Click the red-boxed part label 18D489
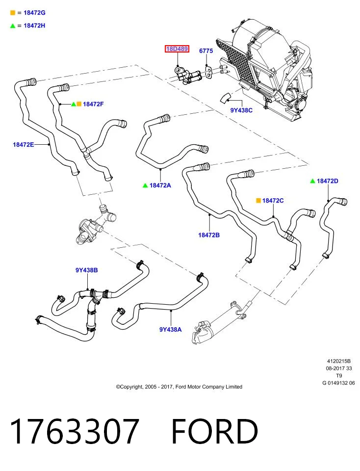(x=177, y=49)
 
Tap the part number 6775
(x=206, y=51)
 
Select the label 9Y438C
(x=241, y=110)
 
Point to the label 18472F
(x=93, y=104)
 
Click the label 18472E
(x=24, y=144)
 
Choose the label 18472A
(x=160, y=185)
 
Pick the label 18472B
(x=209, y=235)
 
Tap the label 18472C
(x=273, y=200)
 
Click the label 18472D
(x=328, y=181)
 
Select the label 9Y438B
(x=86, y=270)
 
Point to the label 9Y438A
(x=171, y=330)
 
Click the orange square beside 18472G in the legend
(x=13, y=13)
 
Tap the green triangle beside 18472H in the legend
(x=13, y=26)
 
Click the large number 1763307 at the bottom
(x=75, y=431)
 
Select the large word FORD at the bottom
(x=214, y=431)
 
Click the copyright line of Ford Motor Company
(x=179, y=387)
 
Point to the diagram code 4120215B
(x=339, y=361)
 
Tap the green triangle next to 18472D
(x=312, y=181)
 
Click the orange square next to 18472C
(x=258, y=200)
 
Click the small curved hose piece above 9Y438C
(x=225, y=98)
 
